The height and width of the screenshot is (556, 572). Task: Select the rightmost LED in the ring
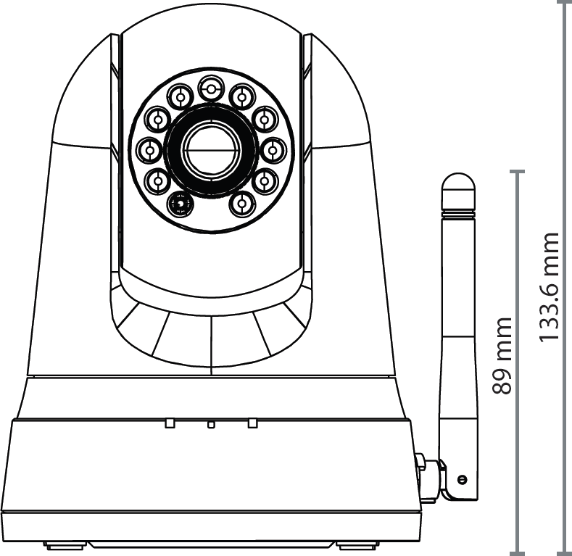click(x=273, y=150)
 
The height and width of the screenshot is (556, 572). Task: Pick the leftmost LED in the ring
click(x=149, y=150)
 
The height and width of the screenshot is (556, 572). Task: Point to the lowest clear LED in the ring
click(x=241, y=204)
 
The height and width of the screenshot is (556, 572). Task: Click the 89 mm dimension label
click(x=502, y=355)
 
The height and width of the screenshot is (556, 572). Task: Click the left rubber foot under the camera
click(x=66, y=544)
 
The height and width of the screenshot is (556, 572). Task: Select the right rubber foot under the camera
click(x=357, y=544)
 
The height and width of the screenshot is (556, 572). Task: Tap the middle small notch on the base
click(x=211, y=424)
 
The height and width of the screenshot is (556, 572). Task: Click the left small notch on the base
click(x=170, y=423)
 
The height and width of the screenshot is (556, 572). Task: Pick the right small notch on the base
click(x=252, y=423)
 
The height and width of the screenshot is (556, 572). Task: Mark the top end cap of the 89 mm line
click(x=517, y=172)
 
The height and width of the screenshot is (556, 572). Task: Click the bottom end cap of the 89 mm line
click(x=517, y=552)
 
